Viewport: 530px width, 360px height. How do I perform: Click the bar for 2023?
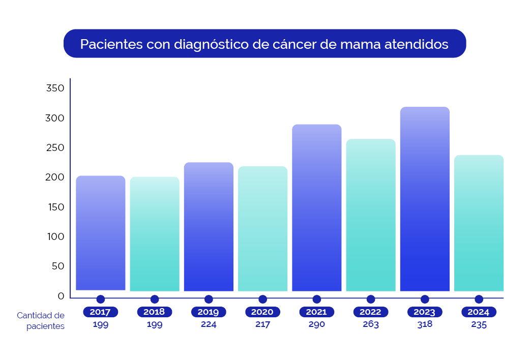pyautogui.click(x=425, y=199)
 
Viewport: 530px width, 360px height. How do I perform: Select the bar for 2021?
pyautogui.click(x=316, y=207)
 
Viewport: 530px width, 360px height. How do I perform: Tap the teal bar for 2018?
pyautogui.click(x=155, y=234)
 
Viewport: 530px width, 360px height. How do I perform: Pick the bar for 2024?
pyautogui.click(x=479, y=223)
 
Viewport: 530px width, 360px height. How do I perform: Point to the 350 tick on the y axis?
pyautogui.click(x=55, y=88)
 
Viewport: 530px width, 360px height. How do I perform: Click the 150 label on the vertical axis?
pyautogui.click(x=55, y=207)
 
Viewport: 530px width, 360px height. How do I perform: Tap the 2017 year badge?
pyautogui.click(x=101, y=312)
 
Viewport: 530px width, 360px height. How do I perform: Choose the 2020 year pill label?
pyautogui.click(x=262, y=312)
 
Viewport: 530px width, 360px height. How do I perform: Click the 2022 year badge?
pyautogui.click(x=371, y=312)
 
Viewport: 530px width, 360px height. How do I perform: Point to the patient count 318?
pyautogui.click(x=425, y=324)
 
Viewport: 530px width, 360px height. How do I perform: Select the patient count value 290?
pyautogui.click(x=316, y=324)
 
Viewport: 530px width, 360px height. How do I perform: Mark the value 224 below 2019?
pyautogui.click(x=209, y=324)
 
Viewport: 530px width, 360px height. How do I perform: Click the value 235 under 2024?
pyautogui.click(x=479, y=324)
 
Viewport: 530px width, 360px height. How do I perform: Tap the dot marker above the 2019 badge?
pyautogui.click(x=209, y=299)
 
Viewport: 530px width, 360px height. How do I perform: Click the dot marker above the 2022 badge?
pyautogui.click(x=371, y=299)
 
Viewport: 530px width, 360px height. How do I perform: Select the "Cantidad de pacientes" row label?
pyautogui.click(x=41, y=321)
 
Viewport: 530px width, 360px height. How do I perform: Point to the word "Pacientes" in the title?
pyautogui.click(x=111, y=44)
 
